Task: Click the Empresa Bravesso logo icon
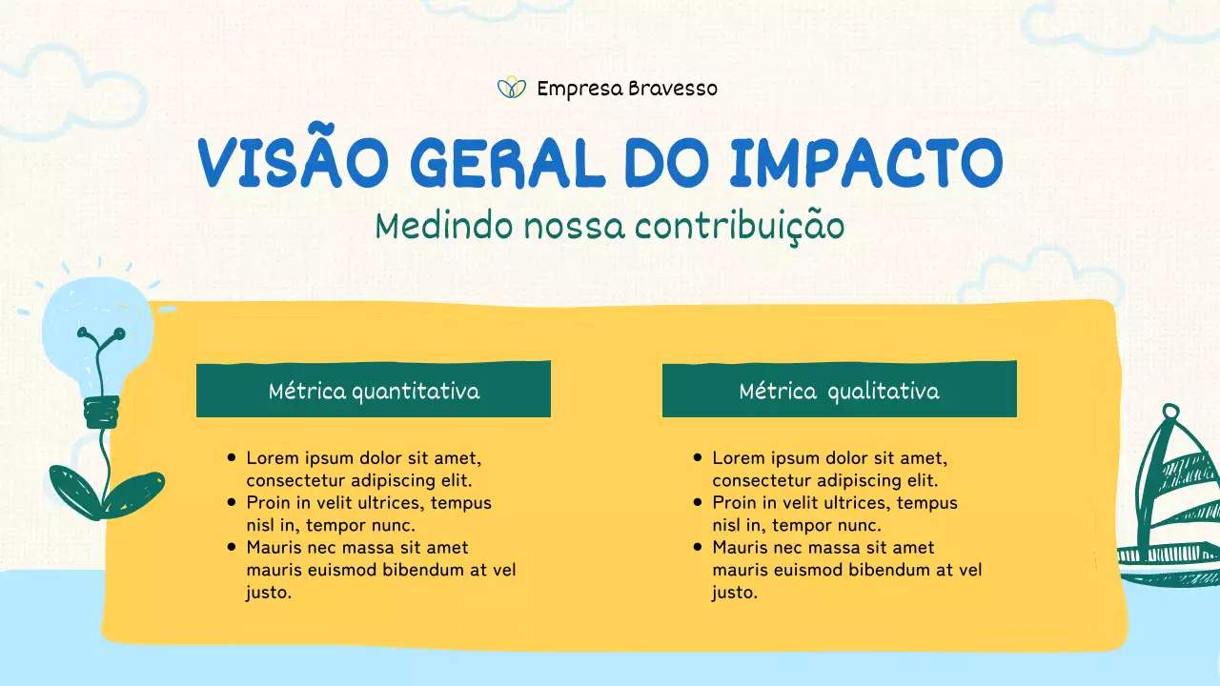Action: tap(512, 89)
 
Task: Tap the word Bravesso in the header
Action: tap(673, 89)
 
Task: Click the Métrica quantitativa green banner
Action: tap(374, 390)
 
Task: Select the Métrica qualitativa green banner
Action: tap(839, 390)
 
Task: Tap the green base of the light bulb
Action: tap(101, 412)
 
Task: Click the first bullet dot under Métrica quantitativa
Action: tap(232, 457)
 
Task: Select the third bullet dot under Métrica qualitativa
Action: tap(698, 547)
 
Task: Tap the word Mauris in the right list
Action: tap(741, 548)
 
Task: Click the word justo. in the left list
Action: tap(269, 593)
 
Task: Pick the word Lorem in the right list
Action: tap(737, 457)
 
